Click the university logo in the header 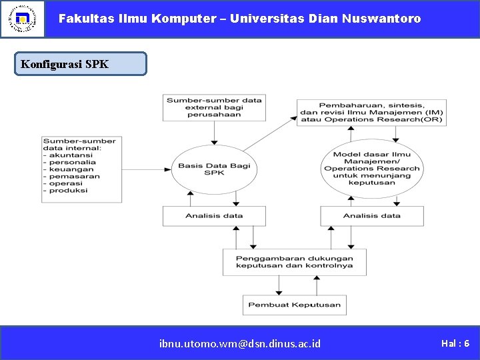(22, 19)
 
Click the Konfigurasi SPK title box (81, 64)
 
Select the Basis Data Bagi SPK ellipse (214, 169)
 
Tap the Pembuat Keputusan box (294, 305)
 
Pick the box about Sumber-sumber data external (214, 107)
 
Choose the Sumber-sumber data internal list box (81, 169)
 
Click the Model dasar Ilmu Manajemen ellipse (371, 169)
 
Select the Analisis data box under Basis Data (214, 216)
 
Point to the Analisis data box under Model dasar (371, 216)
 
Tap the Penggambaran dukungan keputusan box (294, 262)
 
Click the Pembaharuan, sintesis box (371, 113)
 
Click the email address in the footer (240, 343)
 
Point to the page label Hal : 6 (455, 343)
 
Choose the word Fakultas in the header (83, 19)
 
